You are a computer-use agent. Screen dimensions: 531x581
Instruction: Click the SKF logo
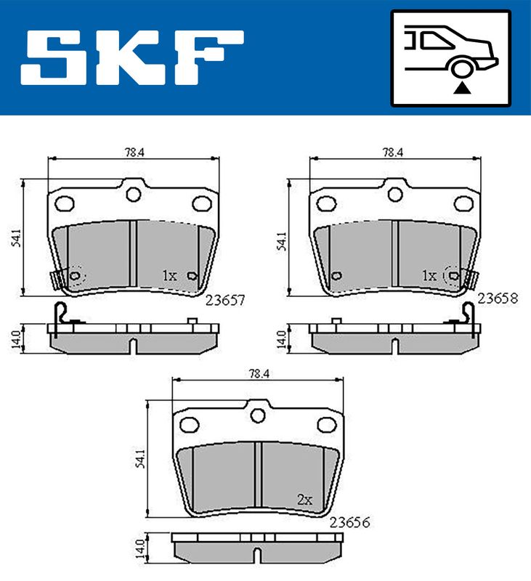click(132, 57)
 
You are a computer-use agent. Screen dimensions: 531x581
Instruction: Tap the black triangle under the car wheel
click(462, 89)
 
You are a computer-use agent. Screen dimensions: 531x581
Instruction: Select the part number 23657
click(225, 300)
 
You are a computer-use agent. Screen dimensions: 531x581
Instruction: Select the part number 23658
click(498, 298)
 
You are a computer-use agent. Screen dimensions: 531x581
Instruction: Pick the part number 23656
click(350, 522)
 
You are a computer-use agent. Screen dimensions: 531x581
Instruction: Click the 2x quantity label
click(304, 500)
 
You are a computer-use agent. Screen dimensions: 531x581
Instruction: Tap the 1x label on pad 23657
click(169, 276)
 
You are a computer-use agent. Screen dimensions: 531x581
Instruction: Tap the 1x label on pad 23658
click(429, 276)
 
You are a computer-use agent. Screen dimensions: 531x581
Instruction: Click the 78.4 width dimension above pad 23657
click(134, 153)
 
